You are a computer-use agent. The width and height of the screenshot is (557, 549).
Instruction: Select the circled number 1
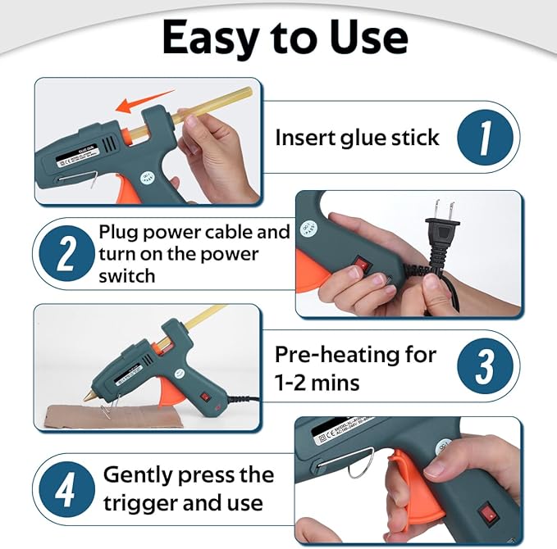tap(485, 137)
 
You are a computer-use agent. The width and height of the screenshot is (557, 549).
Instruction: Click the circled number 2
tap(66, 254)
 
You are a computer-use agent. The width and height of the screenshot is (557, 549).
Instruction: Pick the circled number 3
tap(485, 366)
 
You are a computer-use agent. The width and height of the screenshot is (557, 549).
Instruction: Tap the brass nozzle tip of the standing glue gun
tap(86, 394)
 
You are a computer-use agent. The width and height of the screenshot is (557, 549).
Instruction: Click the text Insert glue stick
tap(357, 137)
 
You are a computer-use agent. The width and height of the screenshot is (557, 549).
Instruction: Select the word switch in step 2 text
tap(126, 276)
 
